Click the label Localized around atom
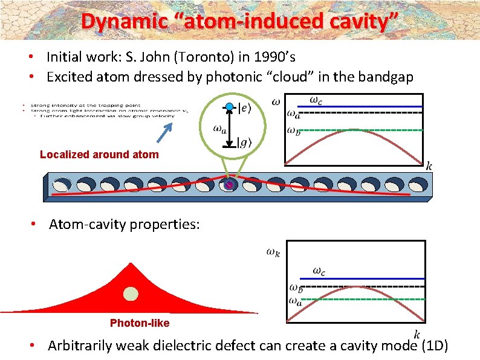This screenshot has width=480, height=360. pos(99,155)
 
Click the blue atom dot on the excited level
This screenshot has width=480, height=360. pos(229,107)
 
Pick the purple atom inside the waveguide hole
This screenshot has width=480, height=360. pos(229,185)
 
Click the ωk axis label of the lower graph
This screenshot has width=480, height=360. pos(273,252)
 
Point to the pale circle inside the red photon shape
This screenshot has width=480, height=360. pos(131,294)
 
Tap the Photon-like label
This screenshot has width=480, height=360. pos(140,323)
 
